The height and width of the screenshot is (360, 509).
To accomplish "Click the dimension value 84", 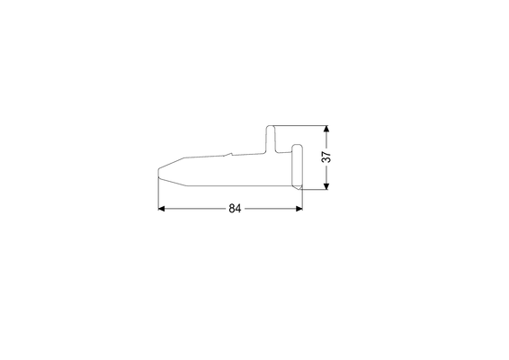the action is (235, 208).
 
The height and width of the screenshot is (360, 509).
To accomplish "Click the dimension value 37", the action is (326, 157).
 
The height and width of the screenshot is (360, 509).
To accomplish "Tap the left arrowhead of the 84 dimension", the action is (161, 209).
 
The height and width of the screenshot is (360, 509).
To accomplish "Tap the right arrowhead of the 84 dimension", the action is (299, 209).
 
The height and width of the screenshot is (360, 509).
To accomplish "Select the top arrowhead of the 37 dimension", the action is (326, 129).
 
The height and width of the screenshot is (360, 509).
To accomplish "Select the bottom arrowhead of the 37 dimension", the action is (326, 186).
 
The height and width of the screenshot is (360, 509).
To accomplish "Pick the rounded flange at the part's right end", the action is (297, 166).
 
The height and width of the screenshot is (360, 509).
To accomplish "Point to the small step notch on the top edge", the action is (228, 154).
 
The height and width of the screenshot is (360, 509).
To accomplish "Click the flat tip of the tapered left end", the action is (158, 173).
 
